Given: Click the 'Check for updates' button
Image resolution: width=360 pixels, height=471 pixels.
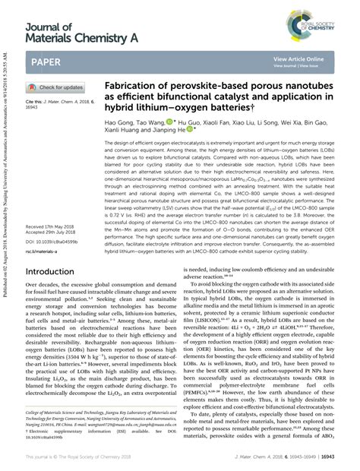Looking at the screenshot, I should (56, 87).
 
